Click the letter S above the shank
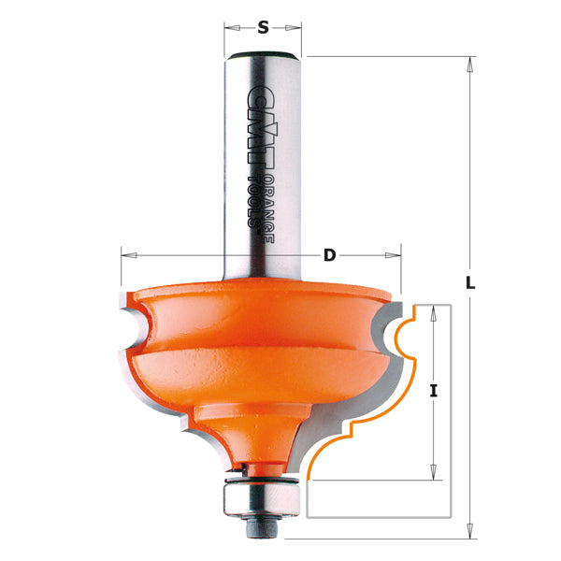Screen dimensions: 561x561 click(x=263, y=28)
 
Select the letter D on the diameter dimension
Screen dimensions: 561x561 click(x=329, y=254)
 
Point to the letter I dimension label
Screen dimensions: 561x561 click(x=434, y=393)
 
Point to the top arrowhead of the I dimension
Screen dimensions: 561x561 click(x=433, y=310)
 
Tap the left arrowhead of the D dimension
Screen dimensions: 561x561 click(x=127, y=254)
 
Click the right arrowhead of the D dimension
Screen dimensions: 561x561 click(x=396, y=254)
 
